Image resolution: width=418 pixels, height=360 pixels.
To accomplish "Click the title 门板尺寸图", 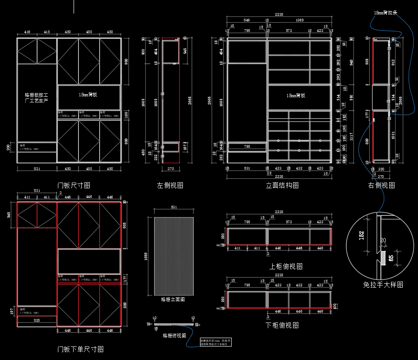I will [74, 185].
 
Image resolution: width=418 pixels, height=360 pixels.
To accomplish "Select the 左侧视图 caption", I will [170, 185].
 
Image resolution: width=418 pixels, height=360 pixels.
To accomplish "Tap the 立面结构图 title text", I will [283, 185].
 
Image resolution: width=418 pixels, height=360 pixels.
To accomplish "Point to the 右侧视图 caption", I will [381, 185].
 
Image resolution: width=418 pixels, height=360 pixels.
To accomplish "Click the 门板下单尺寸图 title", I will [81, 349].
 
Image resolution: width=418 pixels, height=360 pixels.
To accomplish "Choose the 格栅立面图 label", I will [173, 299].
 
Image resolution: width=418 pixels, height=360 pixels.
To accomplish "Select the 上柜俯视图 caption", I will [286, 266].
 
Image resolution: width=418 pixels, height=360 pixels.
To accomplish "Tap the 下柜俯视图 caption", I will [282, 325].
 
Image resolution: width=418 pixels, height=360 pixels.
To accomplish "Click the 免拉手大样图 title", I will [383, 285].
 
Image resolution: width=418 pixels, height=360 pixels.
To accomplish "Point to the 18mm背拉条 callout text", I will [386, 13].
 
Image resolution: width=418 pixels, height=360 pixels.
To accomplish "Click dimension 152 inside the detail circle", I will [361, 235].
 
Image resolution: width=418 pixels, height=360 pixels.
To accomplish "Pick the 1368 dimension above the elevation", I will [299, 20].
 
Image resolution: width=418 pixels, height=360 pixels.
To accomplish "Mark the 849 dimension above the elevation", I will [246, 20].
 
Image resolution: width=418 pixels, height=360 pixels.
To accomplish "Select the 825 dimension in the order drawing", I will [37, 320].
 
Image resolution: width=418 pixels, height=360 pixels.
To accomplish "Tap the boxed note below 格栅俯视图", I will [216, 342].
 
